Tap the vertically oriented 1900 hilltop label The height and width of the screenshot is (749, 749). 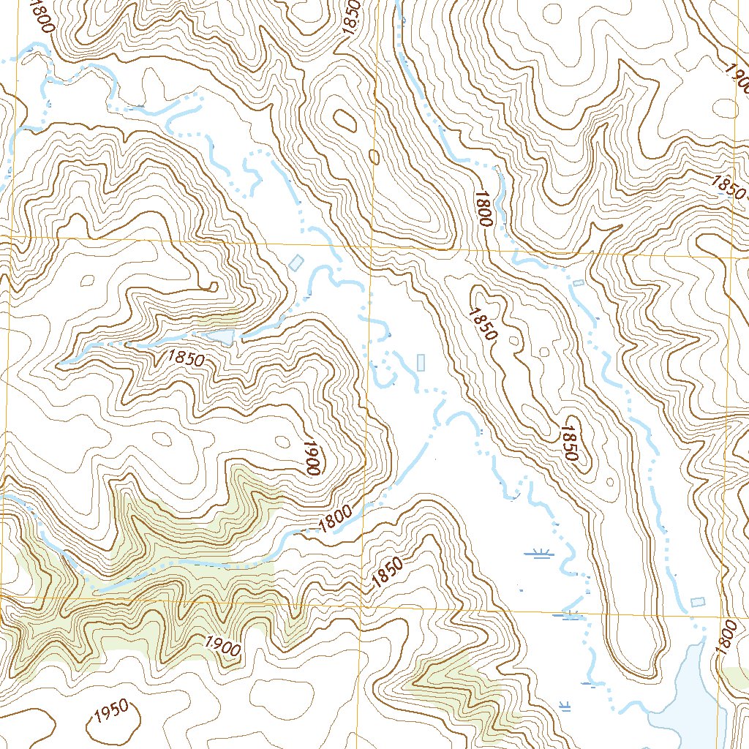click(x=314, y=458)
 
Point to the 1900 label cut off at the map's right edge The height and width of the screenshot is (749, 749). click(x=736, y=73)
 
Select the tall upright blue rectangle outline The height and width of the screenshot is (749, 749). click(x=421, y=361)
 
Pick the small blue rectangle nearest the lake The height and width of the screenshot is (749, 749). click(x=698, y=601)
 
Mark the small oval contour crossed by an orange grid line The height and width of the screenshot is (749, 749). click(x=374, y=156)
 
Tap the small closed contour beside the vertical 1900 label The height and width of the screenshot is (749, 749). click(x=282, y=440)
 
